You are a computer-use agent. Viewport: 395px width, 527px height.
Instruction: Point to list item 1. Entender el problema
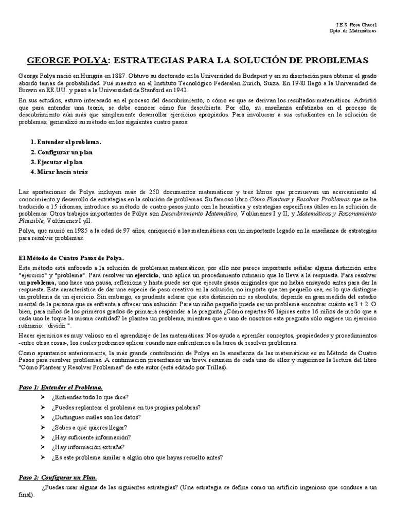[66, 142]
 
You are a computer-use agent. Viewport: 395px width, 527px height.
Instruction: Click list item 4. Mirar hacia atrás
[60, 172]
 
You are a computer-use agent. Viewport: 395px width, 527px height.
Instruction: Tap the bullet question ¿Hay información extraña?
[87, 447]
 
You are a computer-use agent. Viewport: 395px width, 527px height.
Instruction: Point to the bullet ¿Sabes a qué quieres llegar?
[89, 427]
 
